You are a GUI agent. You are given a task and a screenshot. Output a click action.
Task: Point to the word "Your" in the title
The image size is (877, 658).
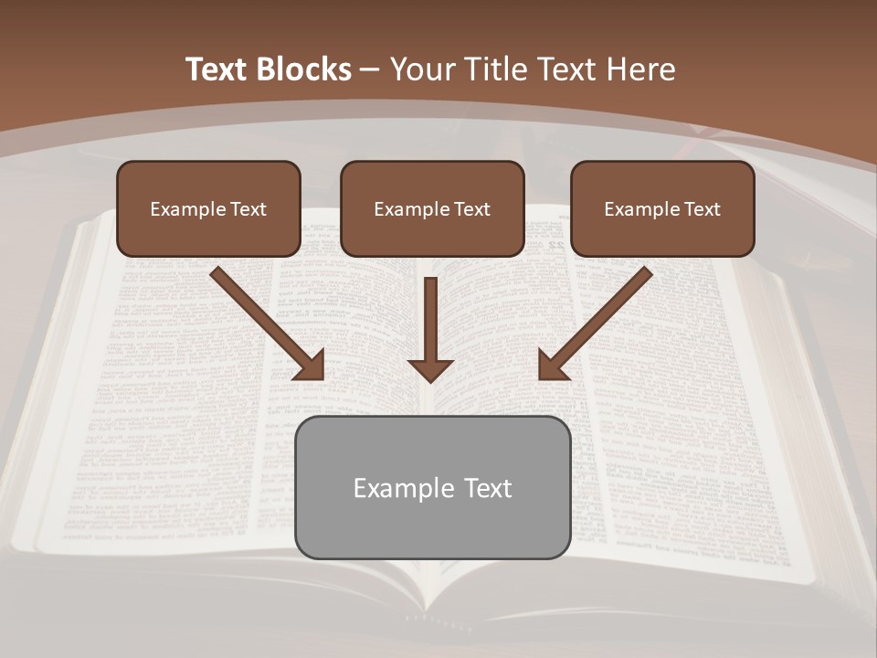click(x=420, y=69)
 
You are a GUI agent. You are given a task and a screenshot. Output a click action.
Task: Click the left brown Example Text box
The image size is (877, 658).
click(x=208, y=209)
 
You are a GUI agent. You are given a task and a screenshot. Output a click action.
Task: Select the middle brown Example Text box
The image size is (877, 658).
click(x=432, y=209)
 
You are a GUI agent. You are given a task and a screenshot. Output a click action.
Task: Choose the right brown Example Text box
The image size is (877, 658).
click(x=662, y=209)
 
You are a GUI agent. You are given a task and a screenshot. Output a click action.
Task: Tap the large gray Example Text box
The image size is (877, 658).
click(x=432, y=488)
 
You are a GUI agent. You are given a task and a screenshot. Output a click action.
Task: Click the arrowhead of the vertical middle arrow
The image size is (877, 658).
click(x=430, y=370)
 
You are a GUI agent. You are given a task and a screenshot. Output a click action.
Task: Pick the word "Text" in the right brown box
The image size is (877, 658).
click(x=702, y=209)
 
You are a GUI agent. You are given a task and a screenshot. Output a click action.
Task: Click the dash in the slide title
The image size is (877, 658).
click(x=370, y=69)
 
